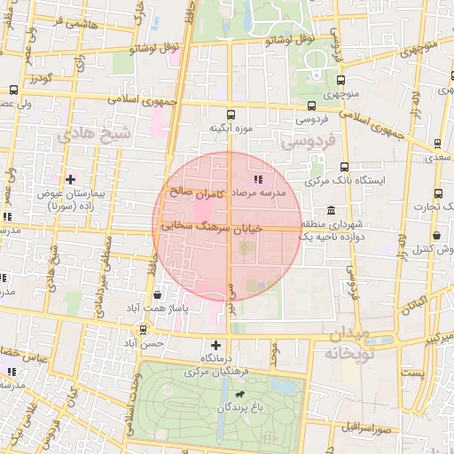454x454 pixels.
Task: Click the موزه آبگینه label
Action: [231, 129]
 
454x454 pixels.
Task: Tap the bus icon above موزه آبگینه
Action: [231, 113]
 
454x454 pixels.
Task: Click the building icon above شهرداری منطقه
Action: [331, 209]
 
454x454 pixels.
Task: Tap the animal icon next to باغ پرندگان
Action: [240, 393]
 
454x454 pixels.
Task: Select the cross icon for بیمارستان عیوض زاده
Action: [70, 178]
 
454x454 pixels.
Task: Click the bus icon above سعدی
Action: [438, 143]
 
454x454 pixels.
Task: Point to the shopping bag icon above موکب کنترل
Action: [438, 236]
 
